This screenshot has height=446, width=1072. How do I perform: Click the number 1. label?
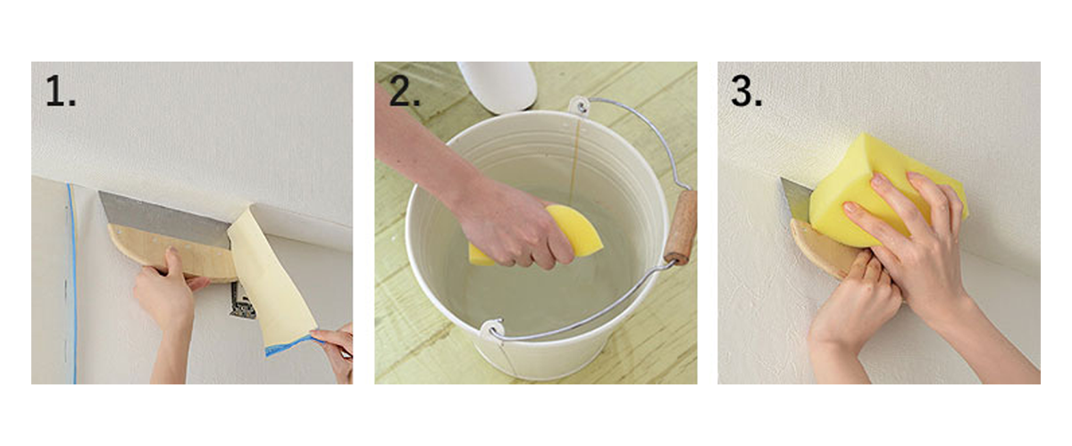pyautogui.click(x=61, y=92)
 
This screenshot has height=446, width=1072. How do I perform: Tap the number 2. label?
pyautogui.click(x=404, y=92)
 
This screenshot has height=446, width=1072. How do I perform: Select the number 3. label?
pyautogui.click(x=747, y=92)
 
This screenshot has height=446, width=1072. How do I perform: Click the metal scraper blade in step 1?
pyautogui.click(x=161, y=214)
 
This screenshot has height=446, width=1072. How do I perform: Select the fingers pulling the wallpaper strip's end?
pyautogui.click(x=335, y=343)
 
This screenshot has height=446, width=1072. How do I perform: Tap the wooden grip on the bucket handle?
pyautogui.click(x=682, y=227)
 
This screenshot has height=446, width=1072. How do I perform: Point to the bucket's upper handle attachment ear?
pyautogui.click(x=581, y=106)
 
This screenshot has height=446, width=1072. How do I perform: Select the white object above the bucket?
pyautogui.click(x=497, y=85)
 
